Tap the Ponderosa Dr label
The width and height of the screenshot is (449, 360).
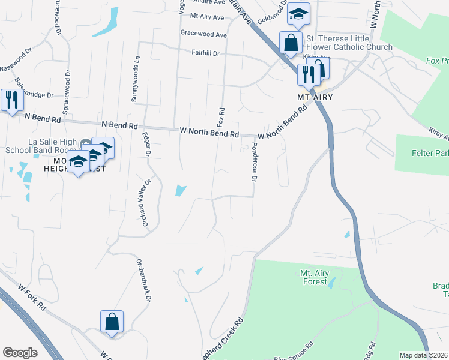[255, 162]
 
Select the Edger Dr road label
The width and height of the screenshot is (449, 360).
[146, 144]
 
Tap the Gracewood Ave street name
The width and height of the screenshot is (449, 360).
[204, 35]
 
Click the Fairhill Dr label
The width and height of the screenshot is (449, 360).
[206, 53]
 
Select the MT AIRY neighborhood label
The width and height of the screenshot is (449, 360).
[315, 97]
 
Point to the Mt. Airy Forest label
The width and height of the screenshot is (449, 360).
[313, 277]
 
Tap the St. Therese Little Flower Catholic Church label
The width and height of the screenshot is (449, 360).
[349, 43]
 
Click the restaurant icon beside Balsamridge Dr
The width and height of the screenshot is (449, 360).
[11, 100]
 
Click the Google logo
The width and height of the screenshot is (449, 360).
[20, 353]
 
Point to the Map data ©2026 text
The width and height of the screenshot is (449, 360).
[423, 355]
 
